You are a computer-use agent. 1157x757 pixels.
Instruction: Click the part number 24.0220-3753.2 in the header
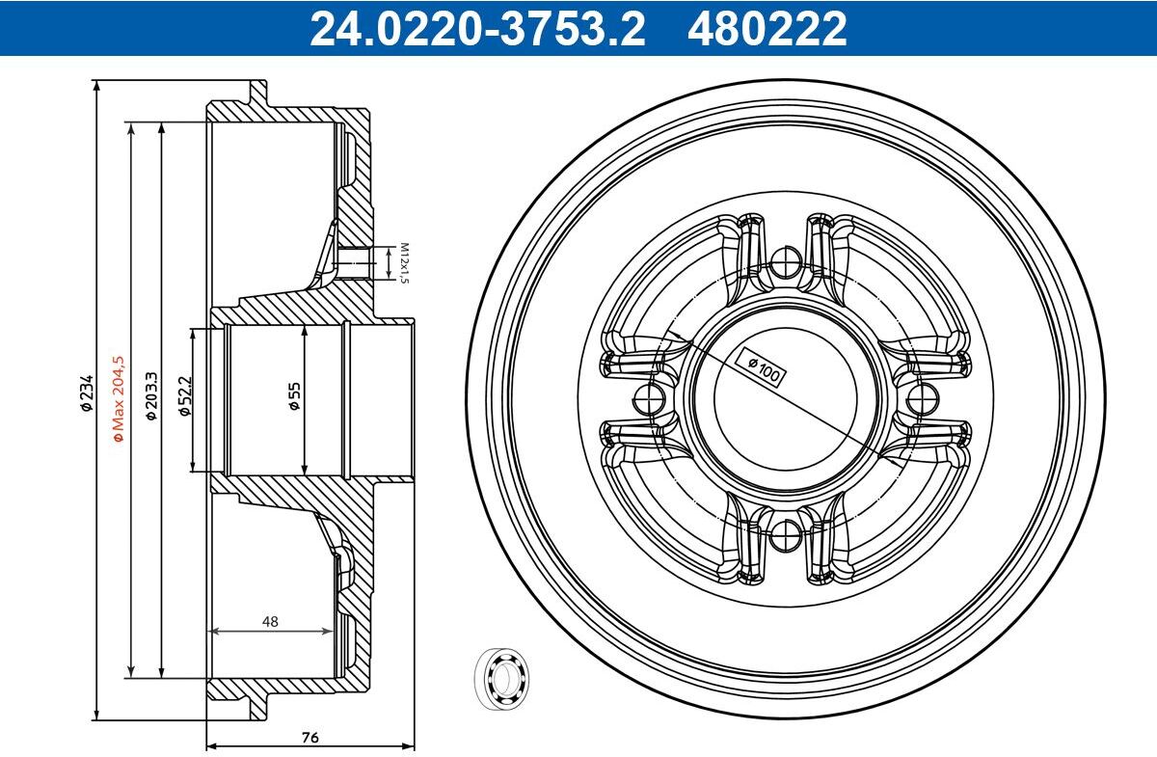coord(478,29)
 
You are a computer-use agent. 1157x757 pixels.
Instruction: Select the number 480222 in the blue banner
coord(767,29)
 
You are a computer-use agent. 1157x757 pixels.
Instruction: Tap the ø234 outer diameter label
coord(86,392)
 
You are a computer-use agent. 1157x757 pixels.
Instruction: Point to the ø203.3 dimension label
coord(150,395)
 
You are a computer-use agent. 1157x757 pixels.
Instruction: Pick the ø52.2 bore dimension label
coord(184,395)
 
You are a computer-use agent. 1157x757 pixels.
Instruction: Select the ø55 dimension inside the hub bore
coord(294,395)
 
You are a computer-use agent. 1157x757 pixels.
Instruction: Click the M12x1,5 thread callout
coord(404,263)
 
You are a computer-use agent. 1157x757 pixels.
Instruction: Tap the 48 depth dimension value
coord(270,621)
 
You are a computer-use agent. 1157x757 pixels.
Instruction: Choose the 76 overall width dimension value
coord(309,737)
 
